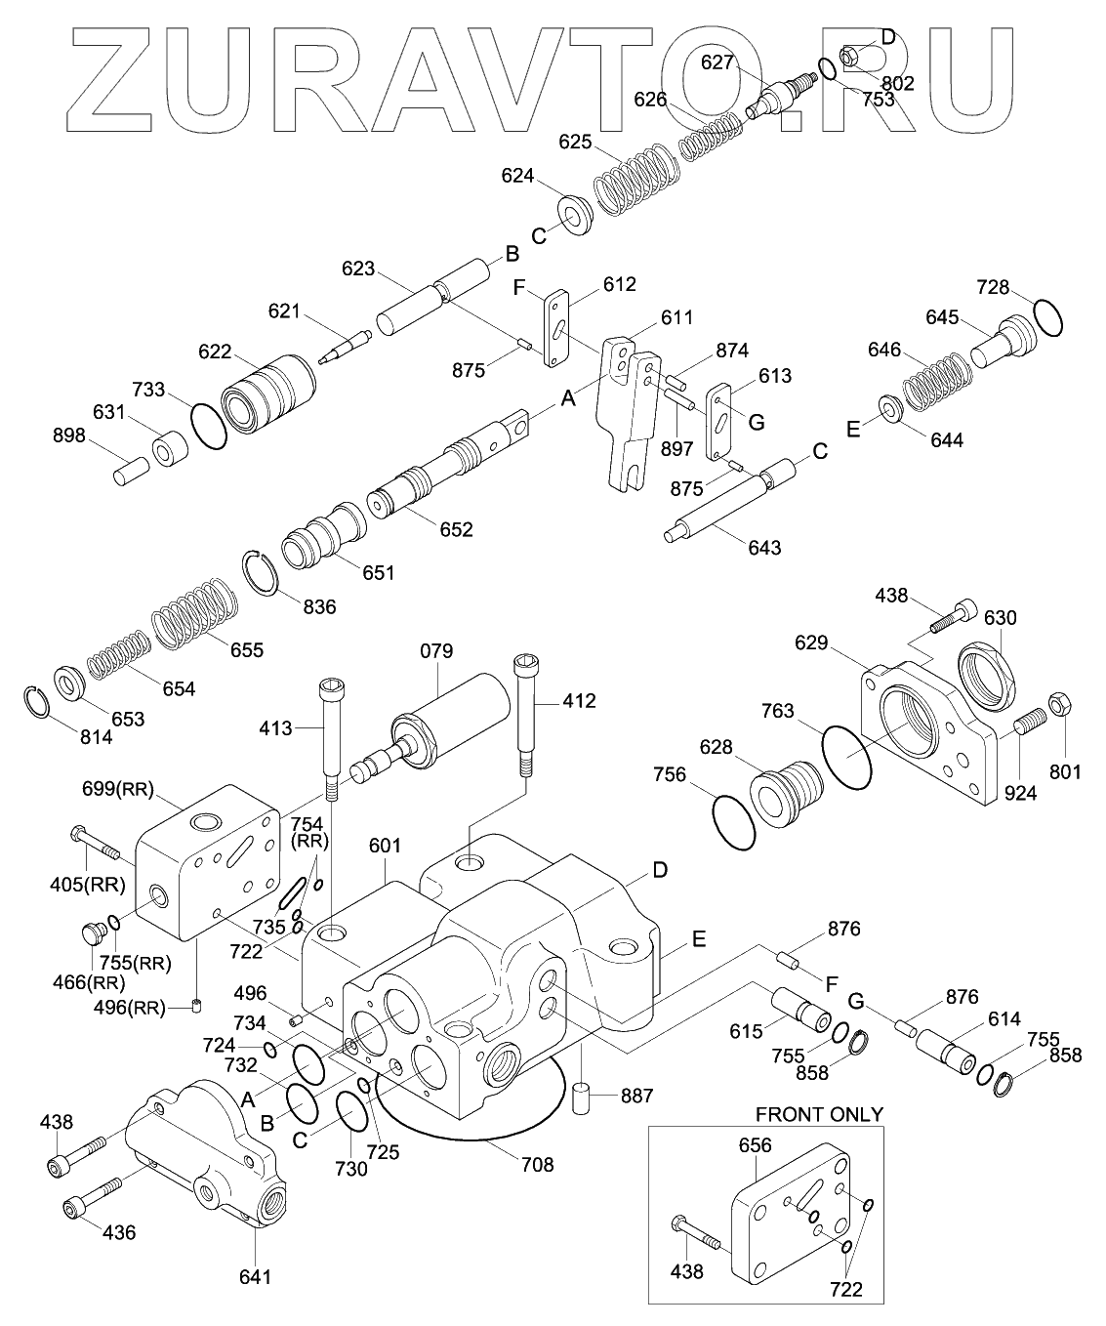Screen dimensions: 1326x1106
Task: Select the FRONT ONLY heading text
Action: [x=819, y=1114]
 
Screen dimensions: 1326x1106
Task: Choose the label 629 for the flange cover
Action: [x=810, y=642]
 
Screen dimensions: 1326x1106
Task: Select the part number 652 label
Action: [x=456, y=529]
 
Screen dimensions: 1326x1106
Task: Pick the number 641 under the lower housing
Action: [x=256, y=1275]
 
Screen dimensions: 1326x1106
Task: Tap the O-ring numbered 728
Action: [x=1046, y=317]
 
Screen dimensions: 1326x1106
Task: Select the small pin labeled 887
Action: [x=582, y=1096]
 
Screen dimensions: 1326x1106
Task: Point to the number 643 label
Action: [x=764, y=547]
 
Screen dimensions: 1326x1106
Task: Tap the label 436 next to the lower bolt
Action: [x=119, y=1232]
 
